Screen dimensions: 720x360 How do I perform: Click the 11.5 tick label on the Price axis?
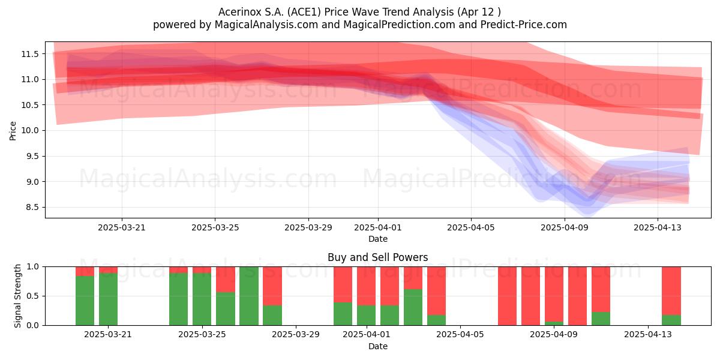point(30,54)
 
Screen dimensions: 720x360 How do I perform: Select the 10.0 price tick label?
point(30,131)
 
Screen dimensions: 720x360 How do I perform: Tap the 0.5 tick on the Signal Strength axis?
point(32,296)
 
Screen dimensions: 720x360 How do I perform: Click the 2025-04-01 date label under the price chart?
point(377,227)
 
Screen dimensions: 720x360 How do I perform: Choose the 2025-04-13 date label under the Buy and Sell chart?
point(647,335)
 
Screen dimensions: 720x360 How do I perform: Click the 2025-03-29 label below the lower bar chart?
point(296,335)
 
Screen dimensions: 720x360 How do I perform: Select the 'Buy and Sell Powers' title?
point(377,257)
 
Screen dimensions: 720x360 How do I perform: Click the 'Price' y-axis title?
point(13,131)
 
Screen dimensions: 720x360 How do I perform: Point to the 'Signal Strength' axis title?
point(17,296)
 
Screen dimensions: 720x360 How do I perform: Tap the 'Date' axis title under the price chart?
point(377,239)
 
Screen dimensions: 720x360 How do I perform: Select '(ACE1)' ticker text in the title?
point(304,12)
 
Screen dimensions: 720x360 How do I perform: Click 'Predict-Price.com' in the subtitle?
point(524,25)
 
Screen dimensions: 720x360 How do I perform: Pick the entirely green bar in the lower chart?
point(249,296)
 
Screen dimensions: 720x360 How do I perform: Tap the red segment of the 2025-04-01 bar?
point(367,286)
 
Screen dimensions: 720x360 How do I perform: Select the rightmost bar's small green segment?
point(671,320)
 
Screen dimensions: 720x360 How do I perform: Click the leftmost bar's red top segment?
point(85,271)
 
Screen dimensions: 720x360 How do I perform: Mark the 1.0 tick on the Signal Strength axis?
point(32,267)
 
